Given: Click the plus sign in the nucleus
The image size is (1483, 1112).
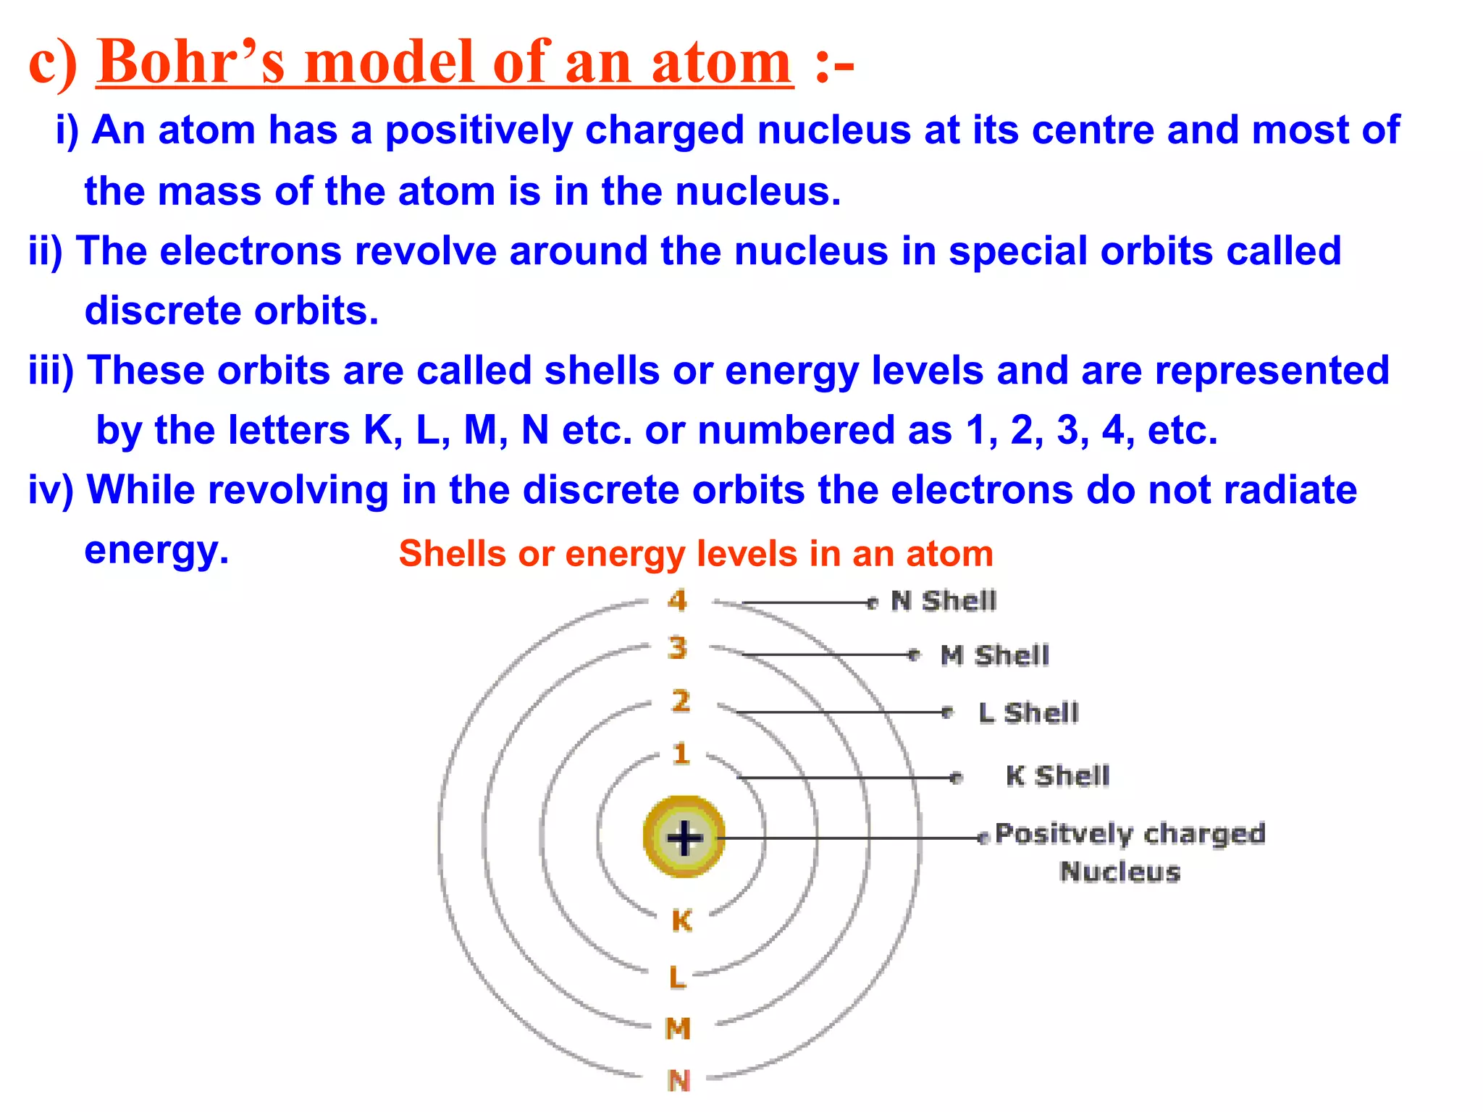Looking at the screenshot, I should tap(684, 838).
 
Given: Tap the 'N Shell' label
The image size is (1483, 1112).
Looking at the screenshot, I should tap(944, 601).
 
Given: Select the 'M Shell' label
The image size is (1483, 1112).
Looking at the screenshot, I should tap(994, 655).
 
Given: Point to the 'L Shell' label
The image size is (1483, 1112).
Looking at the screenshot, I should tap(1028, 713).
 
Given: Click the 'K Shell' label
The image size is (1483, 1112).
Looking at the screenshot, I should tap(1057, 776).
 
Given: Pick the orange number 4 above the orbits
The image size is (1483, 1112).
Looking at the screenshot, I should tap(678, 600).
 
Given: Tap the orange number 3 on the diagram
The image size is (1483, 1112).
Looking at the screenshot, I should tap(678, 648).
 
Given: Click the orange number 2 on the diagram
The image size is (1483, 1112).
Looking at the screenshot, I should tap(681, 701).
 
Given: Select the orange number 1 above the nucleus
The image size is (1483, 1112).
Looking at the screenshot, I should tap(681, 754).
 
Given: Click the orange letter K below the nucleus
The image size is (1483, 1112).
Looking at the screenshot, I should tap(681, 921).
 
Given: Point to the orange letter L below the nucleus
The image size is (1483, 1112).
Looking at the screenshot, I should tap(677, 977).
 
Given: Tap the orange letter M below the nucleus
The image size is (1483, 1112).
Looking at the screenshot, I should tap(679, 1028).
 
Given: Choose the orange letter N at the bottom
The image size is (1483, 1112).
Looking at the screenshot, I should tap(679, 1081).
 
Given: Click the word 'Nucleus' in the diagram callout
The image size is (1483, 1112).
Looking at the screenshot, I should tap(1119, 872).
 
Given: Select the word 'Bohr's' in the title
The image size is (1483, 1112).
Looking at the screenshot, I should tap(191, 62).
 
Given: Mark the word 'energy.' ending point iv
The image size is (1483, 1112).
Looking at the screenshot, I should tap(156, 550).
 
